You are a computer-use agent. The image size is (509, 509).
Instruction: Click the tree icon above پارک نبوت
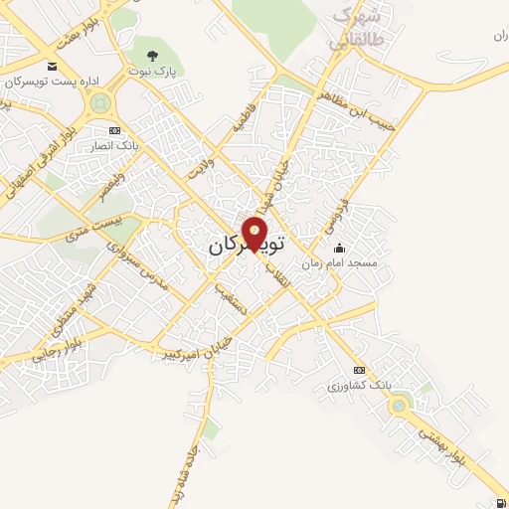[151, 56]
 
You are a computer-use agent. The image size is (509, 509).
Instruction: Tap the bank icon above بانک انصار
[114, 130]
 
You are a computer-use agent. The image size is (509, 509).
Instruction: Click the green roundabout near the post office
[99, 102]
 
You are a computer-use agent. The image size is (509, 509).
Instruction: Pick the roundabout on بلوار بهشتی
[400, 405]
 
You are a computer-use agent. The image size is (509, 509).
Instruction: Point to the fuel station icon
[498, 502]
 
